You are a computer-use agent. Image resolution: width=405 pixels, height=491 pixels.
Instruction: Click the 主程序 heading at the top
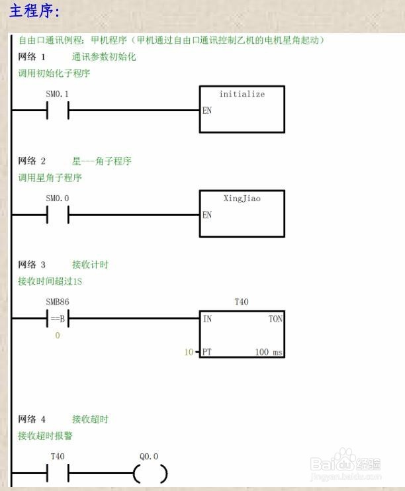click(x=35, y=12)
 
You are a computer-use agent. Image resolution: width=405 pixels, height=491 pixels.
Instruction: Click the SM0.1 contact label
click(x=57, y=94)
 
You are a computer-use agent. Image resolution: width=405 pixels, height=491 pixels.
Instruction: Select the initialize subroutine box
click(x=242, y=109)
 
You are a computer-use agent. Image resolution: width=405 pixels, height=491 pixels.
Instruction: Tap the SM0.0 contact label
click(x=57, y=199)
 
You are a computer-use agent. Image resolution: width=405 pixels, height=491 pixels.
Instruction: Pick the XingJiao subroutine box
click(x=242, y=214)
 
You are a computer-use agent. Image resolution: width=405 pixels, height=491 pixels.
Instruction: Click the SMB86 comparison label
click(x=57, y=302)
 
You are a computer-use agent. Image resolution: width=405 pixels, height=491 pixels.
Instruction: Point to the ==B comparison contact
click(x=58, y=319)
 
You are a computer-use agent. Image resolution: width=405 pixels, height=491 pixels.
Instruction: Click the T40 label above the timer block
click(x=242, y=302)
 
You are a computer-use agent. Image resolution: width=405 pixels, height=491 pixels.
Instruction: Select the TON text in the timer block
click(x=275, y=319)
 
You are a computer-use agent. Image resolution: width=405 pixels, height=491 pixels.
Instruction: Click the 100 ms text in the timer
click(x=268, y=352)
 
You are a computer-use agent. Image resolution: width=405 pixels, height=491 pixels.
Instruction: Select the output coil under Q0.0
click(x=150, y=474)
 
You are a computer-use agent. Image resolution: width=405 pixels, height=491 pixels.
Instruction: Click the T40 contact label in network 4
click(x=58, y=457)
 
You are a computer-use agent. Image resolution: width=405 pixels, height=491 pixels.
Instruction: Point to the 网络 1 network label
click(x=32, y=57)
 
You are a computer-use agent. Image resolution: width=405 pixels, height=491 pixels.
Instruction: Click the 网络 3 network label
click(x=32, y=265)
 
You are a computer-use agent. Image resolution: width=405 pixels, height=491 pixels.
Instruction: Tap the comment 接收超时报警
click(x=45, y=436)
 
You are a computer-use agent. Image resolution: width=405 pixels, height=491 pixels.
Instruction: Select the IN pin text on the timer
click(x=207, y=319)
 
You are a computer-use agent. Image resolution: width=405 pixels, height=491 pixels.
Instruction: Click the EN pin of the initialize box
click(x=207, y=111)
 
